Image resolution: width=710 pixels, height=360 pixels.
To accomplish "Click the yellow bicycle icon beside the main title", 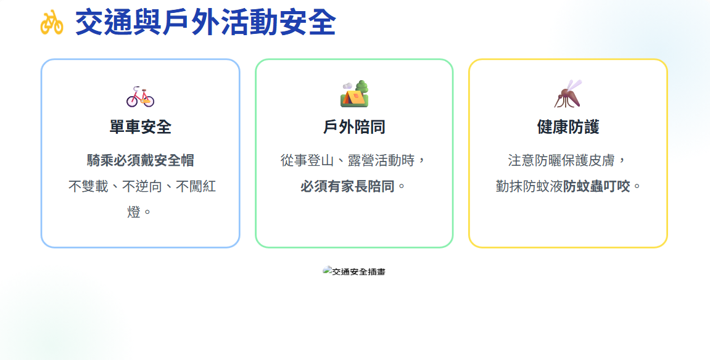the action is click(x=52, y=22).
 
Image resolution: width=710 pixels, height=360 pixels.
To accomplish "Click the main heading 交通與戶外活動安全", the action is click(x=205, y=22).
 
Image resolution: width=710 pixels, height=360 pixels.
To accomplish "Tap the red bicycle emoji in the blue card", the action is click(x=141, y=96).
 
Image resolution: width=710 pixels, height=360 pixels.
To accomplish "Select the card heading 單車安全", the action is click(x=141, y=127).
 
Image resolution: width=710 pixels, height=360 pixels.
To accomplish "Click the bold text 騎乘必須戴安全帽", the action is click(x=141, y=160).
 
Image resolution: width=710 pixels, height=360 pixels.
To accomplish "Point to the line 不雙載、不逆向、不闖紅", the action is click(x=142, y=186).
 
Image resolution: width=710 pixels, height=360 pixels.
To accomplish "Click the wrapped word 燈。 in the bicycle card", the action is click(x=139, y=212).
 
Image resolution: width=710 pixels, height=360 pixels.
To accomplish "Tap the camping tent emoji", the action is click(x=354, y=94).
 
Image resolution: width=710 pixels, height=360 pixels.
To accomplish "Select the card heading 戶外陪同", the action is click(x=354, y=127).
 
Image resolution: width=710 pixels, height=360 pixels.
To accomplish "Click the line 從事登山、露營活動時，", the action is click(x=353, y=160).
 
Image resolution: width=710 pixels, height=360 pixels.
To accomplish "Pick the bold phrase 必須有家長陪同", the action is click(x=347, y=186).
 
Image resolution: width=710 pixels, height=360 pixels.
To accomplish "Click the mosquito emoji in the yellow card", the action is click(x=568, y=94).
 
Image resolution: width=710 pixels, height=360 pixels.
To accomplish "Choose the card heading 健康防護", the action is click(x=568, y=127).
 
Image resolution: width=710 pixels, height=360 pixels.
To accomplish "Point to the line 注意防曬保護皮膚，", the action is click(x=567, y=160).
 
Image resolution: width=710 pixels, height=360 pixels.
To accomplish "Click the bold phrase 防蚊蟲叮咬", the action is click(x=596, y=186).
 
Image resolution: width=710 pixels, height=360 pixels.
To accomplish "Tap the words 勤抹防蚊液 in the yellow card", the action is click(x=529, y=186).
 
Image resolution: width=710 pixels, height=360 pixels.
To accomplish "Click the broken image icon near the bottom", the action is click(x=327, y=271).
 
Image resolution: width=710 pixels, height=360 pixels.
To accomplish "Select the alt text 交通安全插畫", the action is click(x=358, y=272).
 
